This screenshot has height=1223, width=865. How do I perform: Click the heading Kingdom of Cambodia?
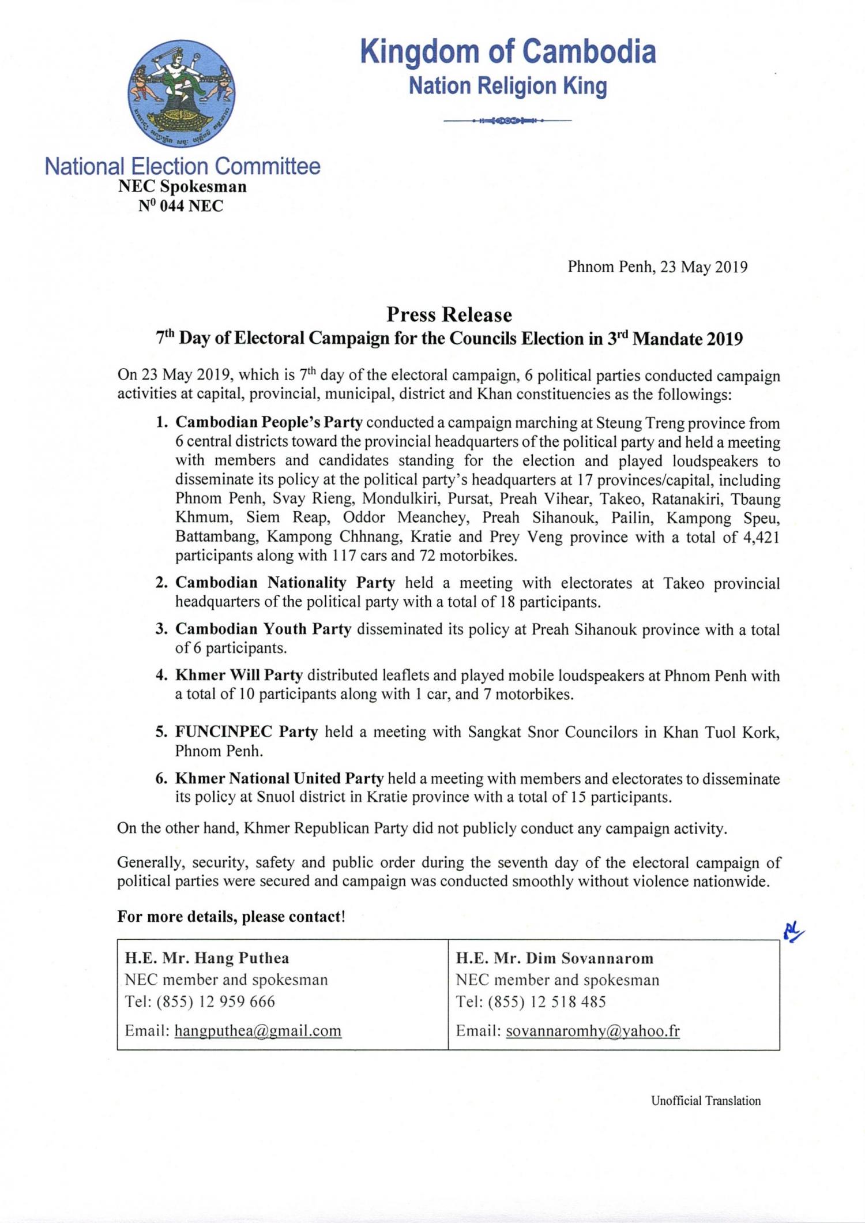pyautogui.click(x=508, y=52)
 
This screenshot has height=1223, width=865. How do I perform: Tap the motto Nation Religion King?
pyautogui.click(x=507, y=87)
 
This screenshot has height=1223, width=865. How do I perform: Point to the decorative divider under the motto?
pyautogui.click(x=507, y=121)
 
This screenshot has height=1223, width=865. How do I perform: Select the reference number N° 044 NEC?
pyautogui.click(x=180, y=206)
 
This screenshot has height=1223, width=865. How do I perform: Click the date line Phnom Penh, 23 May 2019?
pyautogui.click(x=657, y=267)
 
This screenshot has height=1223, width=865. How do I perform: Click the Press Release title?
pyautogui.click(x=449, y=315)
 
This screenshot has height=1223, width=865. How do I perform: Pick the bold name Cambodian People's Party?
pyautogui.click(x=269, y=423)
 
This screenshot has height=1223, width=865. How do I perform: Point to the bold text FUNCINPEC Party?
pyautogui.click(x=246, y=732)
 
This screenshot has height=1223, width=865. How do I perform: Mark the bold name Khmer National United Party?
pyautogui.click(x=279, y=778)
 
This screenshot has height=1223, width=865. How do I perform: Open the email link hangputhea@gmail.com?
pyautogui.click(x=258, y=1031)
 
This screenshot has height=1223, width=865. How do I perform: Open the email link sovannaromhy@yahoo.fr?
pyautogui.click(x=592, y=1031)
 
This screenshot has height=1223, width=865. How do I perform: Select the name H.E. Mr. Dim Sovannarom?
pyautogui.click(x=554, y=958)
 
